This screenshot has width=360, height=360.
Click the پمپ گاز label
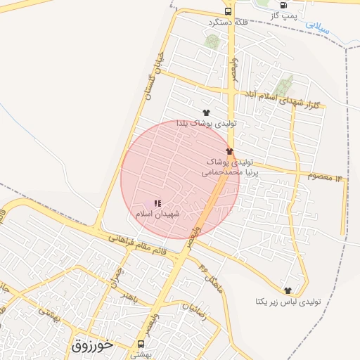284,14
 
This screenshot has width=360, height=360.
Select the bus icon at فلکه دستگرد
228,11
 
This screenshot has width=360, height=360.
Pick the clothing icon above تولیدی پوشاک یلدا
206,112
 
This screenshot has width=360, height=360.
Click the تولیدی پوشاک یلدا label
206,123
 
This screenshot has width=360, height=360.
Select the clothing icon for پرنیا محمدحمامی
229,151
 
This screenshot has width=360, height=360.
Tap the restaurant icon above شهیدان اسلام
157,203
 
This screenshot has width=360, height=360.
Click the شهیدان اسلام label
157,213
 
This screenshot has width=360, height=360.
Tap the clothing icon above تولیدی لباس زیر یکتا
287,290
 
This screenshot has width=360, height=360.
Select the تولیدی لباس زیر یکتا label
288,302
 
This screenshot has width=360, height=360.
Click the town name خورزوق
94,345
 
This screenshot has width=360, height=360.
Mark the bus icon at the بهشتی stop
141,345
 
